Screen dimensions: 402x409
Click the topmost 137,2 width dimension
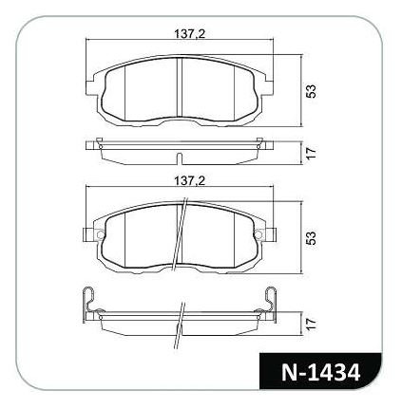(x=190, y=33)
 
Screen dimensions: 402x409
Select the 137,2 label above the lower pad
(x=190, y=181)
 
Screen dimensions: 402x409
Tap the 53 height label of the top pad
(x=312, y=91)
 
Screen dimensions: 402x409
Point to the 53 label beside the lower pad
(x=312, y=238)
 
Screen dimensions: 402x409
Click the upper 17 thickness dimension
(x=312, y=154)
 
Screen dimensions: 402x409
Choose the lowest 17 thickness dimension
(x=312, y=324)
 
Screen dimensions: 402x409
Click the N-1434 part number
(x=320, y=372)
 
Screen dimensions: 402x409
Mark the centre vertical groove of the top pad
(x=180, y=88)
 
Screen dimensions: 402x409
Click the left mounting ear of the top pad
(x=91, y=86)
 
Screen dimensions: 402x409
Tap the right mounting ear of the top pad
(x=268, y=85)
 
